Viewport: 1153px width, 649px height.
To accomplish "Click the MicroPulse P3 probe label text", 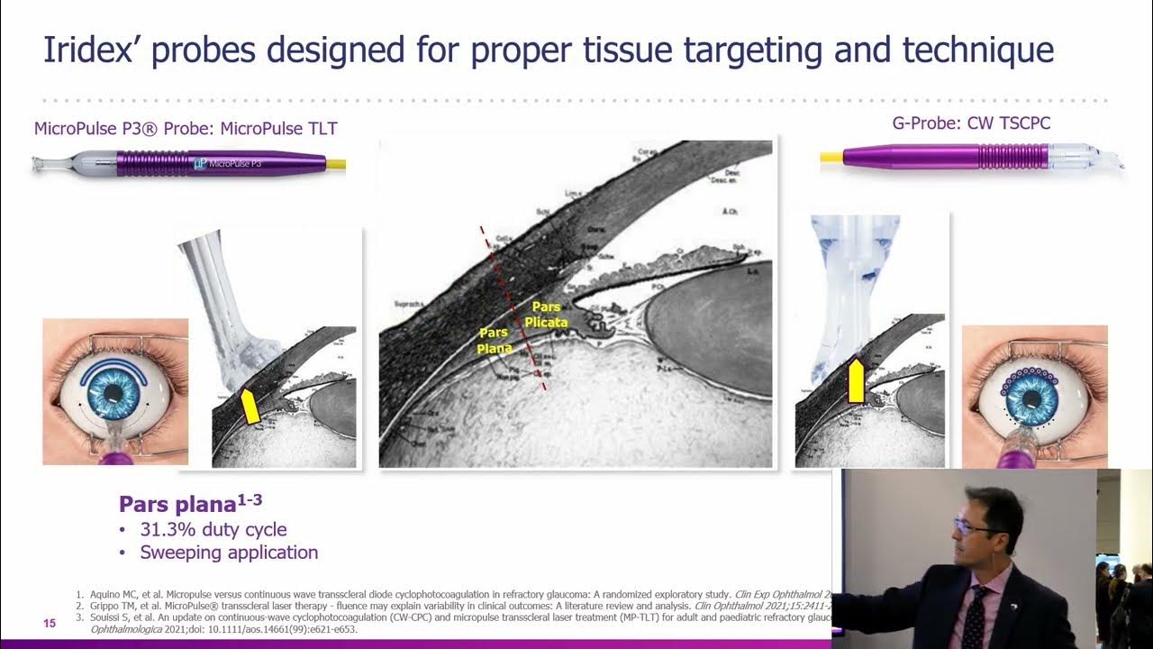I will (186, 129).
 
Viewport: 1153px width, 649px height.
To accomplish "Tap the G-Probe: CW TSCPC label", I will (971, 123).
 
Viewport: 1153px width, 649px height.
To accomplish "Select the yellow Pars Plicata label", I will (546, 315).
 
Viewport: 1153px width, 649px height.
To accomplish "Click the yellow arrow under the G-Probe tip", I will (856, 379).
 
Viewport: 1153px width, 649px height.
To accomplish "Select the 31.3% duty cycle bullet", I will (213, 529).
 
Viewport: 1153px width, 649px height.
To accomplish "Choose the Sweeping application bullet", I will (228, 553).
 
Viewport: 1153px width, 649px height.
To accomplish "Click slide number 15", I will (50, 624).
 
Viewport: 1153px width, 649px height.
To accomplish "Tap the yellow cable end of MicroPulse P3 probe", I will (335, 165).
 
